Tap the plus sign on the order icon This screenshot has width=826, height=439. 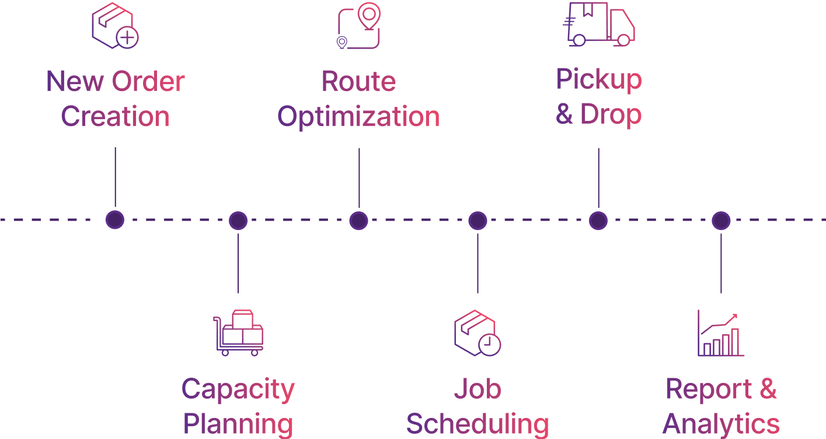[127, 39]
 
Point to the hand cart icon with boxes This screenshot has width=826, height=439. [238, 333]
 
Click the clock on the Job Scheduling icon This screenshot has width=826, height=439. [489, 344]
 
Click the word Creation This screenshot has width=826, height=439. [115, 116]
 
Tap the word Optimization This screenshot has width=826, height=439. [358, 116]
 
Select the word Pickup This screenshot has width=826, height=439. [599, 80]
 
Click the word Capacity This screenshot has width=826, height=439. [238, 389]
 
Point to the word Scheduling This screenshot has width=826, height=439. [478, 424]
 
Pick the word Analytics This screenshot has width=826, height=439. [722, 424]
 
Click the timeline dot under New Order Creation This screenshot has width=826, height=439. [115, 220]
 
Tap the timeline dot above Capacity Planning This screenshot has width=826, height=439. [238, 221]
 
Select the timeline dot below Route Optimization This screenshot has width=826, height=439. [358, 221]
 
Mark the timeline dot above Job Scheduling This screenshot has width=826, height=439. [478, 221]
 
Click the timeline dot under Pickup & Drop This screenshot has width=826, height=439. [598, 221]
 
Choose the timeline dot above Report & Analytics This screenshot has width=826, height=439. [721, 221]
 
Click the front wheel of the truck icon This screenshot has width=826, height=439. [623, 40]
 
